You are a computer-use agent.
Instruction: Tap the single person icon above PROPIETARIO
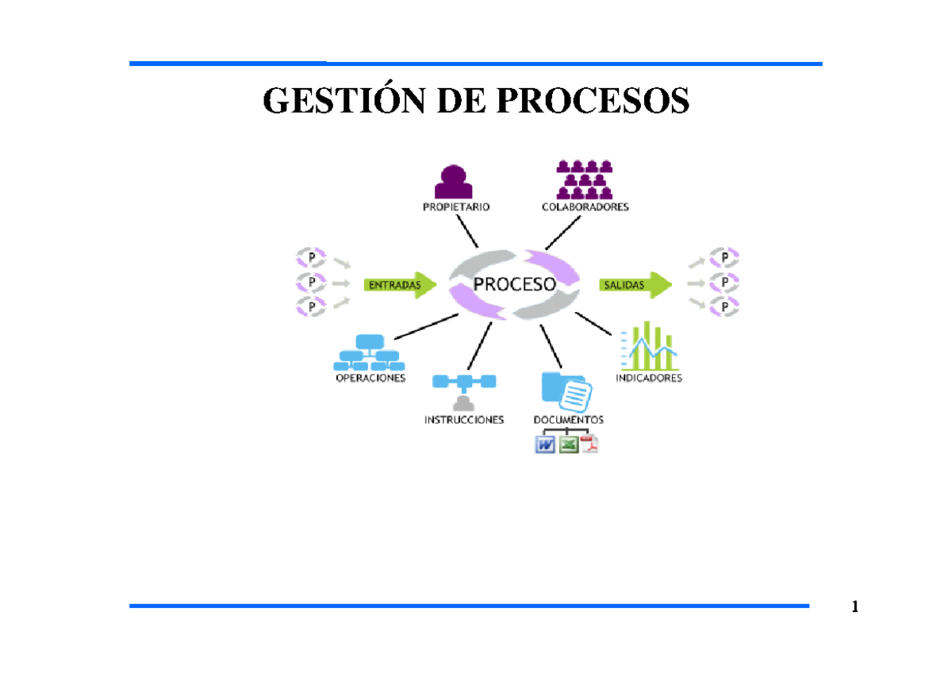coord(454,181)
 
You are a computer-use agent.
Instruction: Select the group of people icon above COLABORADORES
coord(585,179)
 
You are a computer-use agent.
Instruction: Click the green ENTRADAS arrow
coord(401,285)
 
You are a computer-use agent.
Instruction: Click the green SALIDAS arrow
coord(635,284)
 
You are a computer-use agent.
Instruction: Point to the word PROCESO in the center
coord(514,284)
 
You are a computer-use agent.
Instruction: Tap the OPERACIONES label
coord(370,379)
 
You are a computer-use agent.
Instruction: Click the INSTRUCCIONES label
coord(464,419)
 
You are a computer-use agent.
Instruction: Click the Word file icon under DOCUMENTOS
coord(546,445)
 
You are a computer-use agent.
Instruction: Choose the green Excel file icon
coord(568,445)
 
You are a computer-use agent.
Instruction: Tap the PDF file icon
coord(589,445)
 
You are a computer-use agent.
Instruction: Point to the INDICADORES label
coord(649,379)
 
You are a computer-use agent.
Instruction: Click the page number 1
coord(854,607)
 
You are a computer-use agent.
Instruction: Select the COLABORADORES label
coord(585,207)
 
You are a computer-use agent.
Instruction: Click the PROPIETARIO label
coord(455,207)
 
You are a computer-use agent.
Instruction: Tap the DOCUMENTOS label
coord(568,419)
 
